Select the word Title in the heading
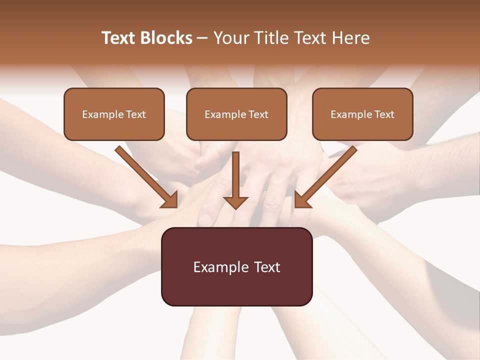(x=271, y=38)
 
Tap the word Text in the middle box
(x=258, y=114)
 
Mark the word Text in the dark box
(x=267, y=267)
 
